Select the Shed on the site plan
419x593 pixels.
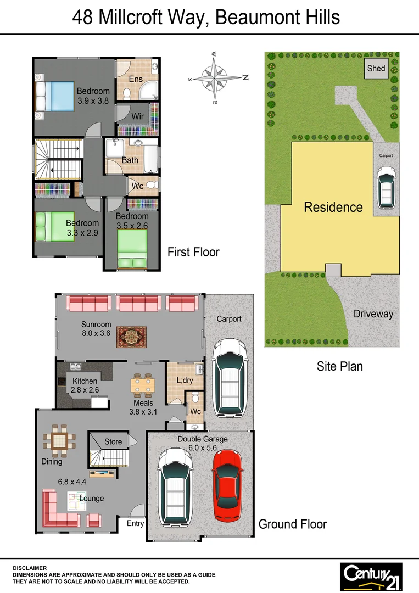click(376, 69)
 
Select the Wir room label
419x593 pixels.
click(137, 116)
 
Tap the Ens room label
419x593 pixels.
click(136, 79)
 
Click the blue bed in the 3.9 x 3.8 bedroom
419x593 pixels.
click(55, 97)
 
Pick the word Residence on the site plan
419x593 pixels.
click(333, 207)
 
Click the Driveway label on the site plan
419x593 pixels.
click(373, 314)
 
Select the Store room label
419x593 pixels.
click(113, 441)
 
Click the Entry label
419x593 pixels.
click(135, 523)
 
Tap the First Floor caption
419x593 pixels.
click(193, 252)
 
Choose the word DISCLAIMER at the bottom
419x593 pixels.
click(30, 568)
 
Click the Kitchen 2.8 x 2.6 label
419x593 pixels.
click(84, 385)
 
